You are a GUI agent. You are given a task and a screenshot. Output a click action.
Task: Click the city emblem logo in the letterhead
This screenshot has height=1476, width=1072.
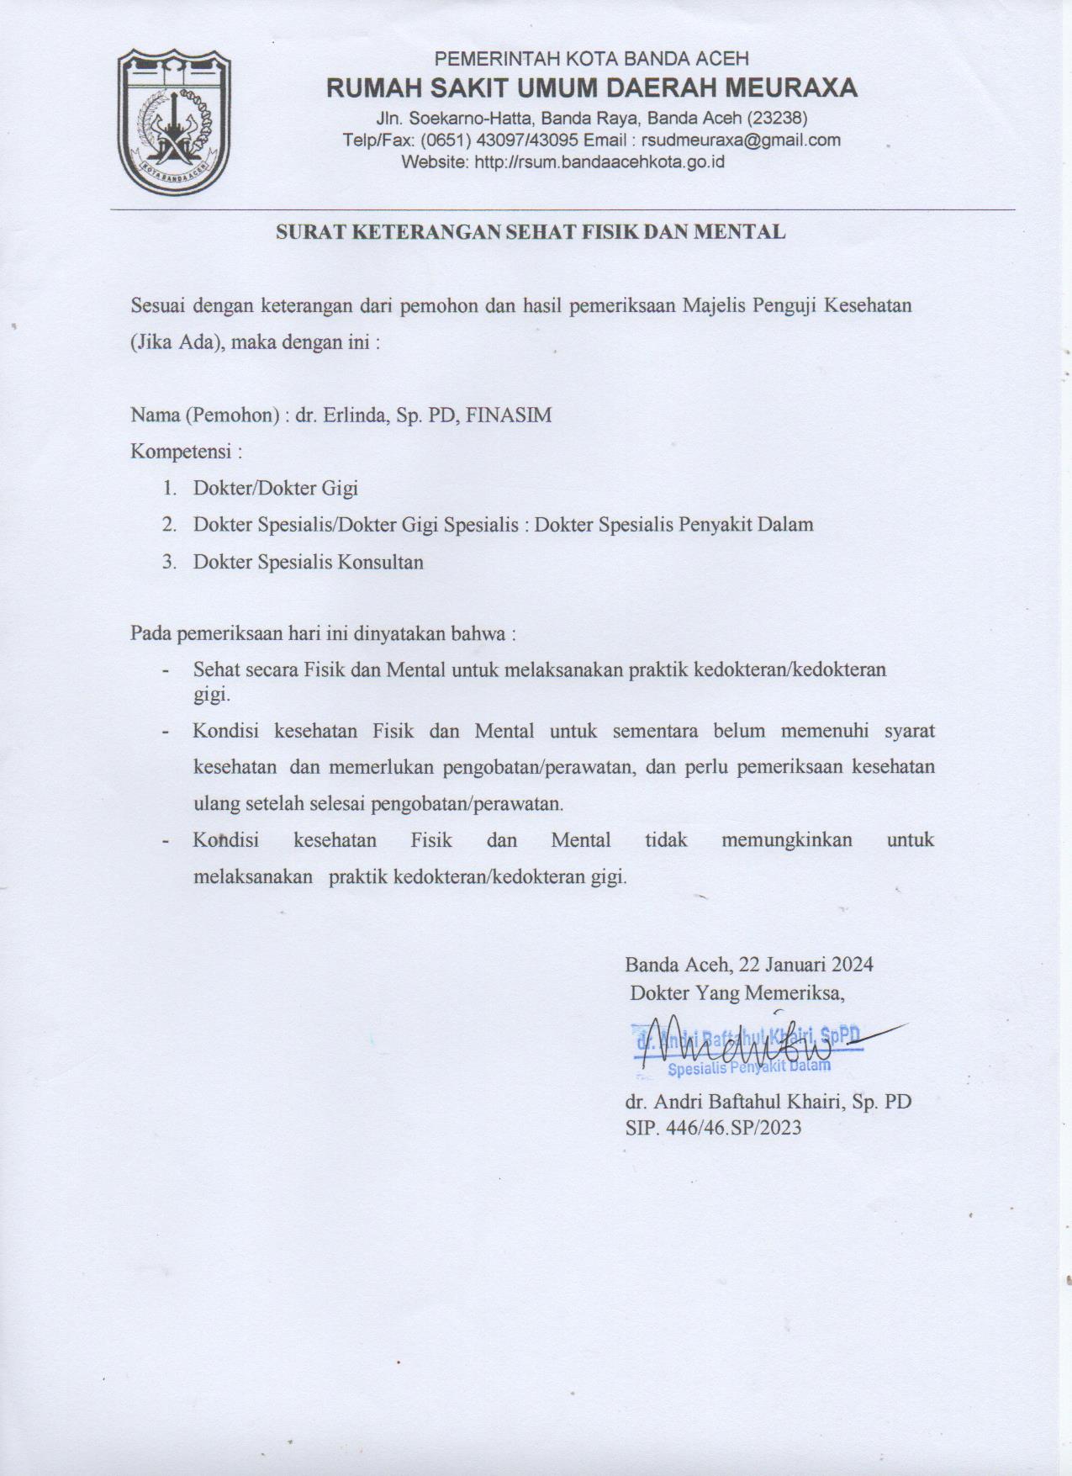tap(174, 122)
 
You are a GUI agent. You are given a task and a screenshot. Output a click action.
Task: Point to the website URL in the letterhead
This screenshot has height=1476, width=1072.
tap(599, 161)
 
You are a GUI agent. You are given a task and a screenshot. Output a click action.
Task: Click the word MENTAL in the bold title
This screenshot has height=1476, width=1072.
tap(739, 232)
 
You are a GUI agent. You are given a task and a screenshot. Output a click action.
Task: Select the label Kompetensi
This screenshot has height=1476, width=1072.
tap(182, 452)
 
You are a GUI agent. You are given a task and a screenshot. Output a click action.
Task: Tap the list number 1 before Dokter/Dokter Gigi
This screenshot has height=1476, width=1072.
tap(168, 488)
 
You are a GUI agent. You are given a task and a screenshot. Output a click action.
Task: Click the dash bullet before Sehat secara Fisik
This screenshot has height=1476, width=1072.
tap(168, 671)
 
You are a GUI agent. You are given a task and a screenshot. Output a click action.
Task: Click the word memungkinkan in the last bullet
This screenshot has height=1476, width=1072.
tap(786, 839)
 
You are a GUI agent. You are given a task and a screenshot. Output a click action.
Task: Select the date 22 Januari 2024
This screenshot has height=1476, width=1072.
tap(805, 964)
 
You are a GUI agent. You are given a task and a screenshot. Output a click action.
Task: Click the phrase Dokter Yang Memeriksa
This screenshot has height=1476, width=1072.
tap(737, 993)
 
